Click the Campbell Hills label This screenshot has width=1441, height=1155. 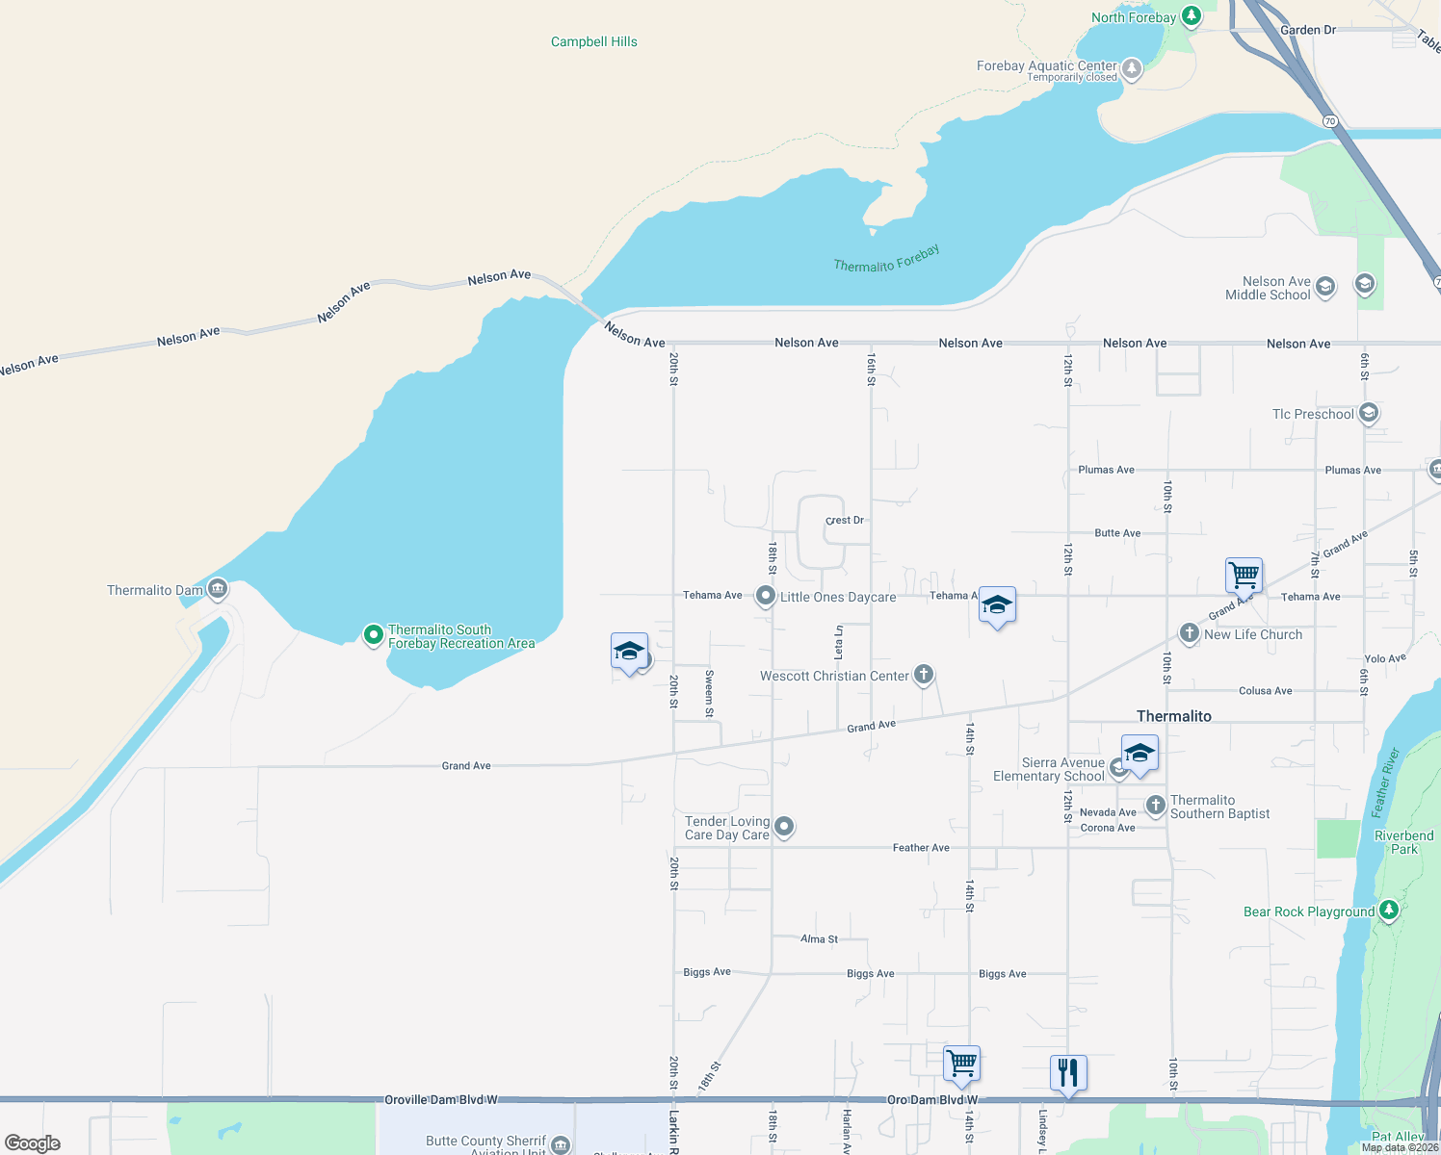click(x=593, y=41)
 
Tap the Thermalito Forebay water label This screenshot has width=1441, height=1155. click(x=886, y=259)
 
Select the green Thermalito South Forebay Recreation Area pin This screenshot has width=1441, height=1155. click(x=373, y=634)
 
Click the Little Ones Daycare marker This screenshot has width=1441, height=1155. click(x=765, y=597)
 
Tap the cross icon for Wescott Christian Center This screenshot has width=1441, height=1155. click(x=924, y=674)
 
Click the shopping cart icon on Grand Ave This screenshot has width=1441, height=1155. click(x=1244, y=576)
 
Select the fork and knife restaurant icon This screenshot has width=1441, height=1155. click(x=1068, y=1071)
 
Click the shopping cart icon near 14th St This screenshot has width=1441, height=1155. click(x=961, y=1064)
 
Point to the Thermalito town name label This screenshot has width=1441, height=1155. click(x=1173, y=716)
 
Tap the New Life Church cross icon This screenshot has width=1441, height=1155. click(x=1190, y=633)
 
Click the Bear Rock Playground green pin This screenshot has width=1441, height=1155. click(x=1388, y=910)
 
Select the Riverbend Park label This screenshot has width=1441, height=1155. click(x=1403, y=842)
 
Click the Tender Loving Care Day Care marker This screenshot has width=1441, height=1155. click(x=784, y=826)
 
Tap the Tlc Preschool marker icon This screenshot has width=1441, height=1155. click(x=1368, y=414)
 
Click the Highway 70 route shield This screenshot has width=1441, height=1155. click(x=1330, y=121)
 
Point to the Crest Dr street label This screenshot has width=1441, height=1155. click(x=845, y=520)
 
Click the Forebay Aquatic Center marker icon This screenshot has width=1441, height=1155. click(x=1132, y=68)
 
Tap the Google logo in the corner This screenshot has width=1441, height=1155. click(x=33, y=1142)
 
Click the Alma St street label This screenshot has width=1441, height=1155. click(x=819, y=938)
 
